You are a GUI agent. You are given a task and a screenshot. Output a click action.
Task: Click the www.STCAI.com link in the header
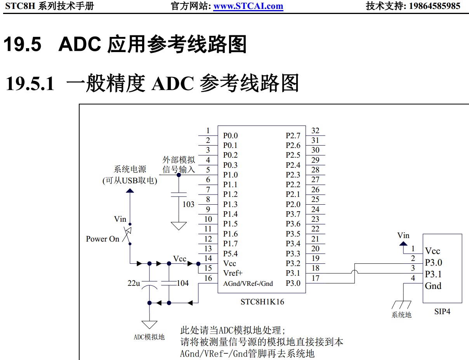[x=248, y=6]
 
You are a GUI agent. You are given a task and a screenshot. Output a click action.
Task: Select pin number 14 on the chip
[x=208, y=258]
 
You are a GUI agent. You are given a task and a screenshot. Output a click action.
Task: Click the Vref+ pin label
[x=233, y=273]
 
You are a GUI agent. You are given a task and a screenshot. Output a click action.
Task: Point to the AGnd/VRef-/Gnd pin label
[x=248, y=283]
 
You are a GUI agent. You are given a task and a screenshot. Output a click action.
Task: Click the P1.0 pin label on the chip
[x=230, y=175]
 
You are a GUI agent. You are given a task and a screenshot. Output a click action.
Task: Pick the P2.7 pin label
[x=293, y=136]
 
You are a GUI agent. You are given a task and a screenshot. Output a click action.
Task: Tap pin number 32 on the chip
[x=315, y=130]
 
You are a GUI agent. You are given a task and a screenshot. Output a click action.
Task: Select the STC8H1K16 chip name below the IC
[x=262, y=301]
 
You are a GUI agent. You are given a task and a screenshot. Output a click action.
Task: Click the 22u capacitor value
[x=134, y=283]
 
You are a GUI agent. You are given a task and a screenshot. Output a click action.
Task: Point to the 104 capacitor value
[x=182, y=283]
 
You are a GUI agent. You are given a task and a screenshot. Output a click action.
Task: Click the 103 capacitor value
[x=188, y=204]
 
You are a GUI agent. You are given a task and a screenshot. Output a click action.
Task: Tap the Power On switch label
[x=102, y=239]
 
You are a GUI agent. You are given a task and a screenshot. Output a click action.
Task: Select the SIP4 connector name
[x=442, y=311]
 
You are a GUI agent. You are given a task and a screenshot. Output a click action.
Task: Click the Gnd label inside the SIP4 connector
[x=433, y=286]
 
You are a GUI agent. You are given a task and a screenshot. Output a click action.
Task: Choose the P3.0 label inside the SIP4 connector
[x=433, y=263]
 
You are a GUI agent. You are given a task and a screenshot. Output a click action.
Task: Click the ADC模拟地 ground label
[x=149, y=337]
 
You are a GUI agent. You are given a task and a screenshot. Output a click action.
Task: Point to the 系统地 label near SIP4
[x=401, y=315]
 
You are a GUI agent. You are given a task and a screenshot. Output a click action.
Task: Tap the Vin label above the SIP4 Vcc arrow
[x=403, y=235]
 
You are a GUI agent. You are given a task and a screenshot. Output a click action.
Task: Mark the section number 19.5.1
[x=30, y=83]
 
